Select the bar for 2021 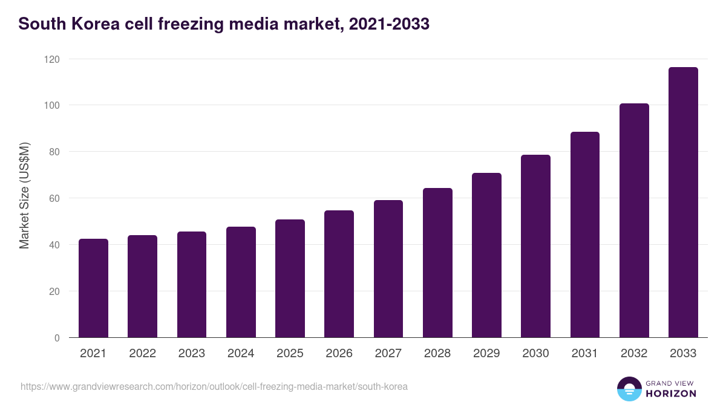93,288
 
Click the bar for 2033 683,202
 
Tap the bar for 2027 388,269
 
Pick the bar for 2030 535,246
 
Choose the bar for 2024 241,282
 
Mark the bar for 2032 634,221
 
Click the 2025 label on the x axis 290,354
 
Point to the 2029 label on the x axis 486,354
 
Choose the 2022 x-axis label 142,354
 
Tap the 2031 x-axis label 584,354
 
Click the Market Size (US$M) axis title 24,195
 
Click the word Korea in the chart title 88,24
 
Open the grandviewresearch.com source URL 214,386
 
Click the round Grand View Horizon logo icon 629,389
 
